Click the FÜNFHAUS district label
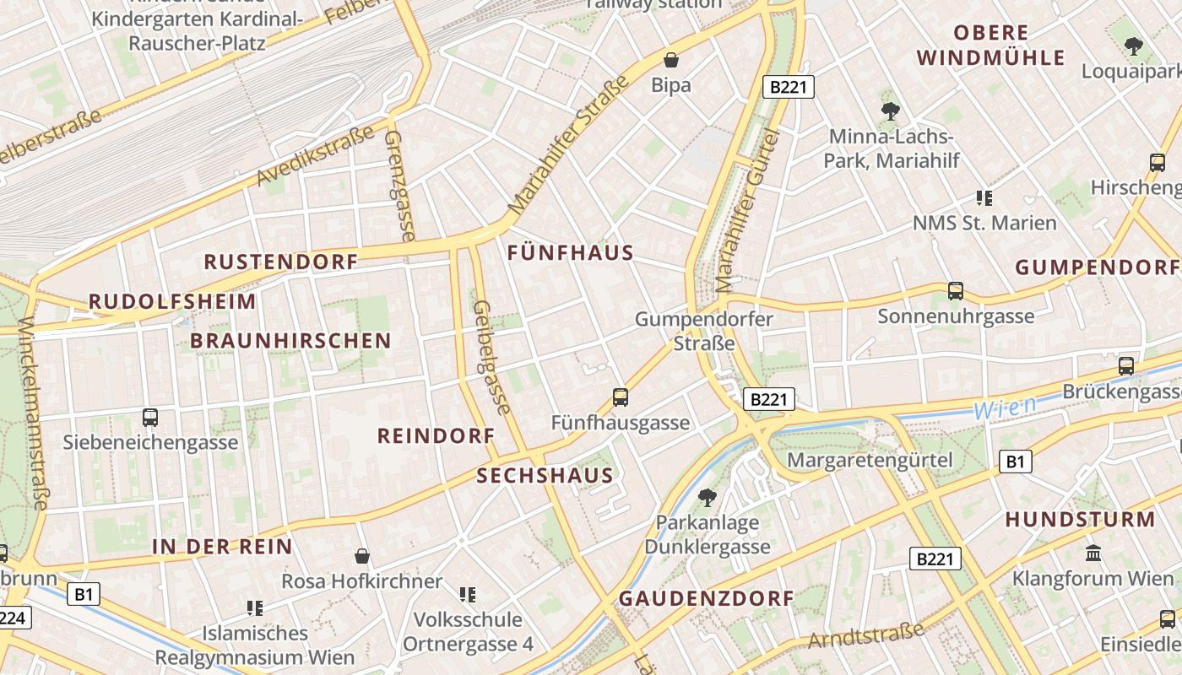571,253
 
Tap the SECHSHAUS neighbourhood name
545,476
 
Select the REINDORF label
436,436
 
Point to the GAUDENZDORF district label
707,599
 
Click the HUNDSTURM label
1080,520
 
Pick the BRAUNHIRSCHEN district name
290,341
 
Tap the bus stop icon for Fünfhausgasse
621,397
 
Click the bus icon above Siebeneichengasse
150,417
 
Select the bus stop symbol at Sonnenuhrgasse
956,291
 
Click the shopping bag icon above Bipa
671,60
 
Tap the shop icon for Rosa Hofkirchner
362,556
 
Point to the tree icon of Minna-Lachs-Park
890,111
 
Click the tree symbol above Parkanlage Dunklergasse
708,498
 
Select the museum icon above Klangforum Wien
1093,553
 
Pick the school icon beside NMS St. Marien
984,198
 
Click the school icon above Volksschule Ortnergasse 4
468,595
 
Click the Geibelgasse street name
492,358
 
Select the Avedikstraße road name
315,156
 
